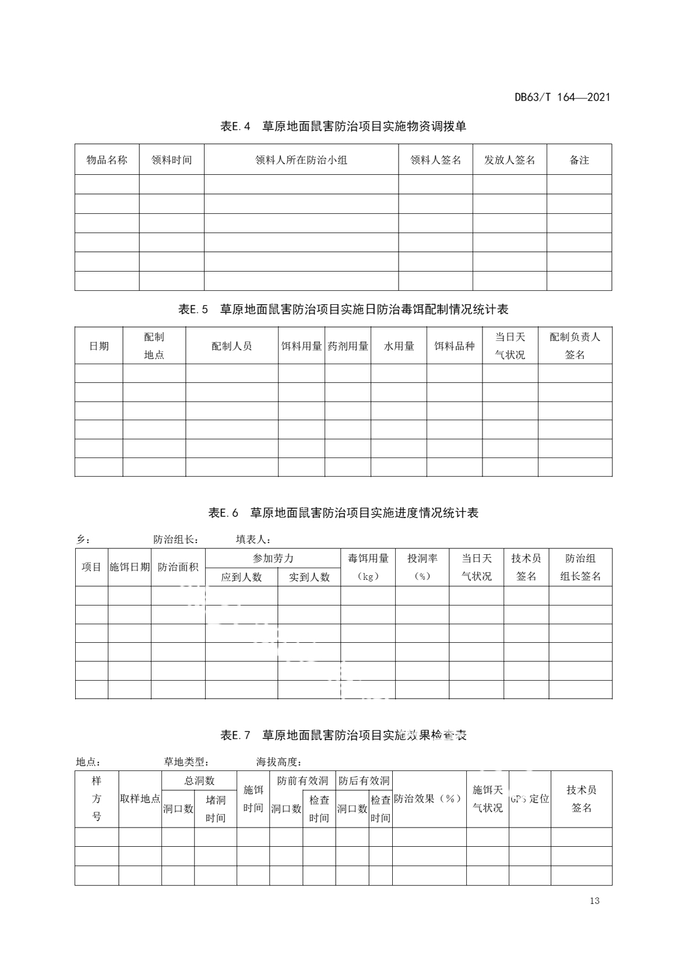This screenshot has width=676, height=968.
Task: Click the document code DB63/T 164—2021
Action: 562,97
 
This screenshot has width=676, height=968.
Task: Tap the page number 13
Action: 594,901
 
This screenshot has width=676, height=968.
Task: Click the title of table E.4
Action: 343,126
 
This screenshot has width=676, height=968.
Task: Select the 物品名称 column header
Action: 107,160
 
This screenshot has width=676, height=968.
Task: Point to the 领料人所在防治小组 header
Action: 301,160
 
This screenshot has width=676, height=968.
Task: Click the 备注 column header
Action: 579,160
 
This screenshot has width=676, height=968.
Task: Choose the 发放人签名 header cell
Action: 509,160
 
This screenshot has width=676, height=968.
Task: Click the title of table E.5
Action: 343,309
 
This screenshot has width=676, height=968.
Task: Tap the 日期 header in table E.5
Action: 98,346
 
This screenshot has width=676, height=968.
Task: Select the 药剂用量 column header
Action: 348,346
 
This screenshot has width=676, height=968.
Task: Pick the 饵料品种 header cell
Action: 454,346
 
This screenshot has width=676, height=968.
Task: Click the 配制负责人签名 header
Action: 575,346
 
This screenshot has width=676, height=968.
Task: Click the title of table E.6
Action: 343,513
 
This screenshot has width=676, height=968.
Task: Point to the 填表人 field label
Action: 254,540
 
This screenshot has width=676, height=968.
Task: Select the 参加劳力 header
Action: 273,558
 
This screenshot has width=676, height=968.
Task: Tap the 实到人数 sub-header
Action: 309,576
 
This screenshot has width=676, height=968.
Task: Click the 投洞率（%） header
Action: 422,567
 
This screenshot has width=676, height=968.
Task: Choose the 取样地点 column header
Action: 140,799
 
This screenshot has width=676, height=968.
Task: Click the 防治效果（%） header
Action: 429,799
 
